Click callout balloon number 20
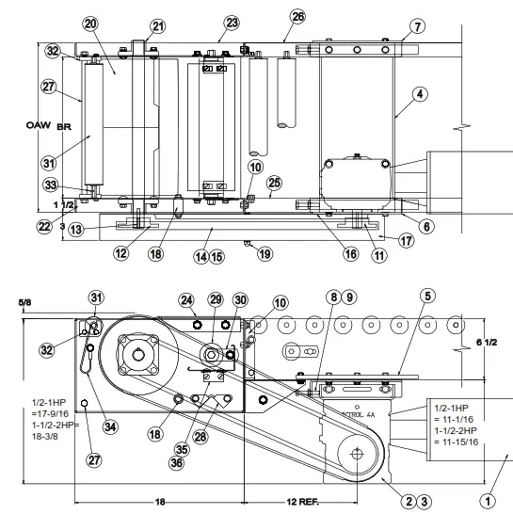point(90,23)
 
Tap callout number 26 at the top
point(297,17)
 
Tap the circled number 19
point(265,253)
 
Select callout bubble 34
point(112,426)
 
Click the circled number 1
point(488,501)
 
